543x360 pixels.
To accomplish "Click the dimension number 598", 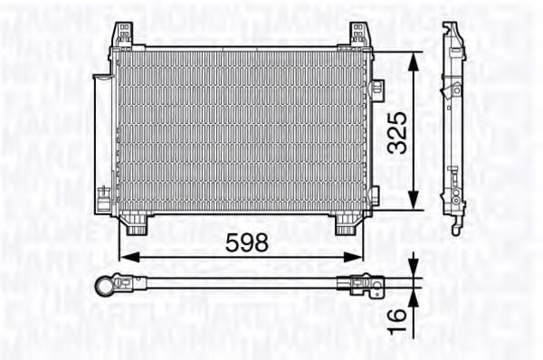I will point(246,242).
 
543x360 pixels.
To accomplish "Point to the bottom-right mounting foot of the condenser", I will point(347,223).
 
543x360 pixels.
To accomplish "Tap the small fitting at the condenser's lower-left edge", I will point(106,192).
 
